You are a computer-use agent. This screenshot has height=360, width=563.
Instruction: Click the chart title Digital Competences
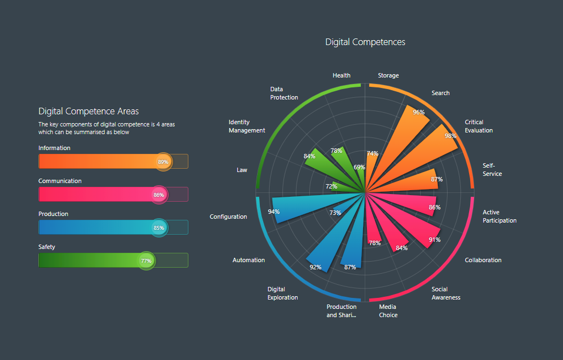point(365,42)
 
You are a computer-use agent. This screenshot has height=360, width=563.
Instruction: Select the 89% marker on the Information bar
point(163,162)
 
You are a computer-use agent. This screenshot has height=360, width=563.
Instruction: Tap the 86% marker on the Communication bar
point(159,195)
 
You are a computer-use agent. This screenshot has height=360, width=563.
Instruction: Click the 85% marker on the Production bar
point(159,228)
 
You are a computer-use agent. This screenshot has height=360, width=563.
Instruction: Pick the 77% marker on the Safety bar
point(146,261)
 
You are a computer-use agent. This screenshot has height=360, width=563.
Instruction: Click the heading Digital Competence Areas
point(88,112)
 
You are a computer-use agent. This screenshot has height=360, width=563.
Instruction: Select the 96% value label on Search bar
point(419,112)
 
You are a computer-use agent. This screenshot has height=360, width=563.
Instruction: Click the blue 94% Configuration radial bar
point(308,206)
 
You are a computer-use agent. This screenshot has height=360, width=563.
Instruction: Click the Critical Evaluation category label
point(478,126)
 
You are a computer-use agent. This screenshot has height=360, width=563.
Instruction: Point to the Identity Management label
point(247,126)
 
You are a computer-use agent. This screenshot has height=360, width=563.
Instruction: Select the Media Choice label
point(388,311)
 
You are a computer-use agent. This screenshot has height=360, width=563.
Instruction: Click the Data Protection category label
point(284,93)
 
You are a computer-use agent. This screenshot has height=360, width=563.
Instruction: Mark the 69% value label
point(359,167)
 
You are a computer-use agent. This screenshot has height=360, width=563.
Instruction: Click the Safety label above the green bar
point(47,247)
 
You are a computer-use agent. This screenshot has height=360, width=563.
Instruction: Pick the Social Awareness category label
point(445,293)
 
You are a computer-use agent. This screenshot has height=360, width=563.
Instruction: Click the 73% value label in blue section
point(335,213)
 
